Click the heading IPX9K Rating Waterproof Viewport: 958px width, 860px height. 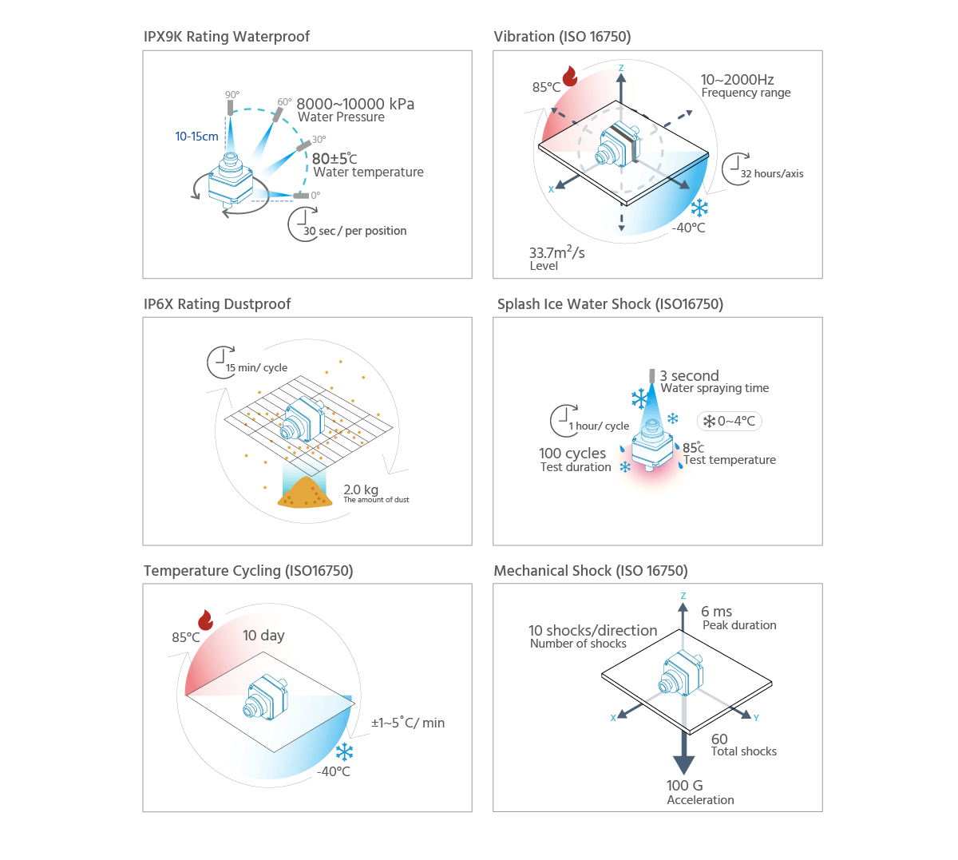point(226,37)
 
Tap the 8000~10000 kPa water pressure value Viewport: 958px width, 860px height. point(355,104)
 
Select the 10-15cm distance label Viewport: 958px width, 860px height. point(196,137)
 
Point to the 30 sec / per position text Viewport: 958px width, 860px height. point(355,231)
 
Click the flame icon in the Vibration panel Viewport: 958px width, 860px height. point(570,76)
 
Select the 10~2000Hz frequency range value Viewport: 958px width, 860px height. point(737,80)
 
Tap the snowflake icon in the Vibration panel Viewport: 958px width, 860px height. point(699,208)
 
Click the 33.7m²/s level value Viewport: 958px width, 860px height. point(556,253)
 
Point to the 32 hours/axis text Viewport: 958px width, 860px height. point(772,173)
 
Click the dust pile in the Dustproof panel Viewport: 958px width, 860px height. point(305,493)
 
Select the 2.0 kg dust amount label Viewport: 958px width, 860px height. point(361,489)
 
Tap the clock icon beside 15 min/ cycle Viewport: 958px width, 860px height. point(220,362)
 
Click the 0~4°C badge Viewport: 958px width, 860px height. point(730,421)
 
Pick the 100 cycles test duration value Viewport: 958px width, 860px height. point(572,454)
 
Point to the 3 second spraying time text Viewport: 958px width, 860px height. point(689,376)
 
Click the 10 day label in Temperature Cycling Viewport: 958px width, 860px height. point(263,636)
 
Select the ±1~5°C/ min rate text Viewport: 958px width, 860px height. point(408,723)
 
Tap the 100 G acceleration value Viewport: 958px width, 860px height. point(685,786)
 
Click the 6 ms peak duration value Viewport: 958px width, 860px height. point(716,612)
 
